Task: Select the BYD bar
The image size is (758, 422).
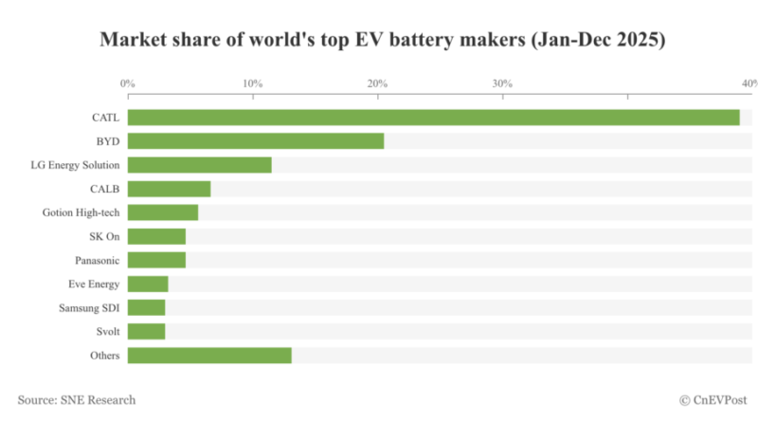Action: pyautogui.click(x=256, y=141)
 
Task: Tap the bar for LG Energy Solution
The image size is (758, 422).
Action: pyautogui.click(x=199, y=165)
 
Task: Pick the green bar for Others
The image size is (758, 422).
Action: pyautogui.click(x=209, y=356)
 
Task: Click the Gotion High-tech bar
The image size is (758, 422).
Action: pyautogui.click(x=163, y=212)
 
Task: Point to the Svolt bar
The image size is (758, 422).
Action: pyautogui.click(x=146, y=331)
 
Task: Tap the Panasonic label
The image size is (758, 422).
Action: pyautogui.click(x=98, y=260)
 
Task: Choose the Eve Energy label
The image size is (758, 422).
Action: pyautogui.click(x=96, y=284)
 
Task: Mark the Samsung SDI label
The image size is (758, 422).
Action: pyautogui.click(x=93, y=307)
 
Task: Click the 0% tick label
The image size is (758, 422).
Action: pyautogui.click(x=128, y=83)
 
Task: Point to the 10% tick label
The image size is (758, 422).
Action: pyautogui.click(x=253, y=83)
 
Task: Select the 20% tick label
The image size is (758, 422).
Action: pyautogui.click(x=377, y=83)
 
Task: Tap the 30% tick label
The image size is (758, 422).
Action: pyautogui.click(x=502, y=83)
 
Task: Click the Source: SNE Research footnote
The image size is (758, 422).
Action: pyautogui.click(x=77, y=400)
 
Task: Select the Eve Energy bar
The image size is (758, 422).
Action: pyautogui.click(x=148, y=284)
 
